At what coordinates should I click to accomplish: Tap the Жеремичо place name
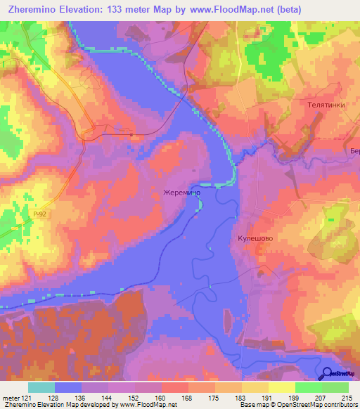(x=184, y=192)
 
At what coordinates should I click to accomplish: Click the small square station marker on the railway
(x=132, y=133)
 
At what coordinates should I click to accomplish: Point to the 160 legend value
(x=162, y=397)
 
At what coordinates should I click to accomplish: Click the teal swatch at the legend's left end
(x=41, y=387)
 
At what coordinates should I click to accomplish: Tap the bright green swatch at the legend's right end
(x=335, y=387)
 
